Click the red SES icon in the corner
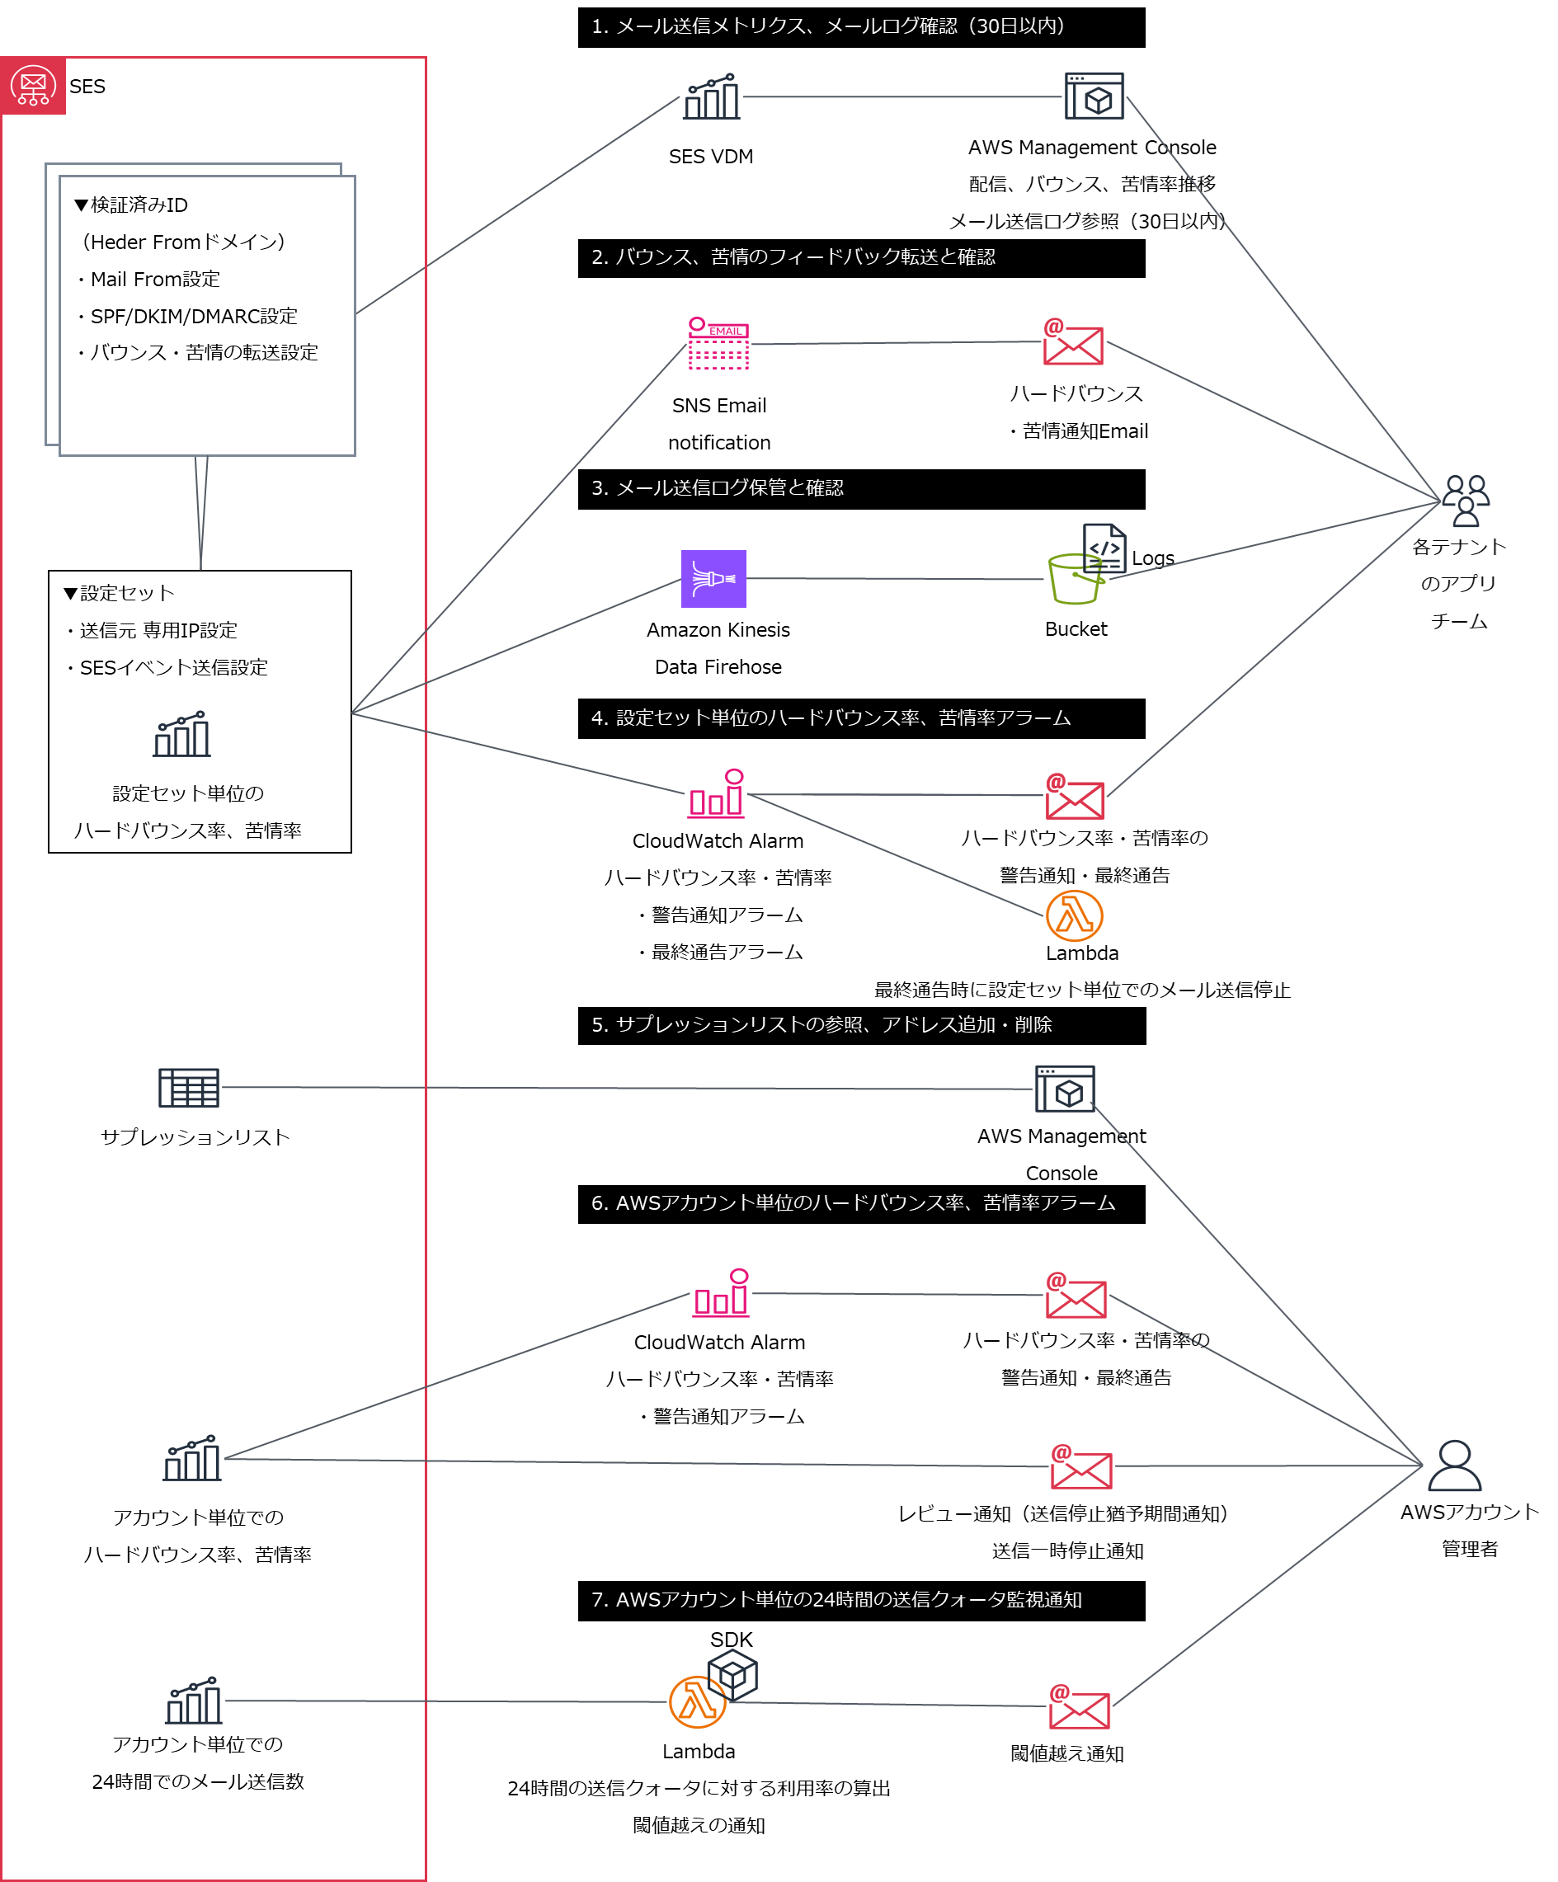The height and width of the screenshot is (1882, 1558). tap(33, 86)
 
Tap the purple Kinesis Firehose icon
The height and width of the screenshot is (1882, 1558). tap(713, 579)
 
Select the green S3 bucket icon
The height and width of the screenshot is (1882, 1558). tap(1076, 579)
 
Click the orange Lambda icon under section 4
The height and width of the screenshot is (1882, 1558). tap(1074, 915)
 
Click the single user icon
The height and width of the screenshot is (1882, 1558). tap(1454, 1466)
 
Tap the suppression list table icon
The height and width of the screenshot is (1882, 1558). tap(188, 1087)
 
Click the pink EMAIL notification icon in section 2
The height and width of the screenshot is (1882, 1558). tap(718, 343)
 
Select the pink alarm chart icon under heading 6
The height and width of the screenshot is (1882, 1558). tap(722, 1292)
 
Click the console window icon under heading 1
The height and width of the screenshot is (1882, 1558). tap(1094, 96)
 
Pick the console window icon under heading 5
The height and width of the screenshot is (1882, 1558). tap(1065, 1088)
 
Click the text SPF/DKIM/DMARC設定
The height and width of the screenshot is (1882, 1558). tap(194, 316)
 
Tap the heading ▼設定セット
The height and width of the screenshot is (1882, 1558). tap(120, 592)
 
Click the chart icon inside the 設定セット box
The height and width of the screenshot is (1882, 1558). tap(182, 735)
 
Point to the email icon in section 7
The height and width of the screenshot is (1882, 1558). tap(1080, 1706)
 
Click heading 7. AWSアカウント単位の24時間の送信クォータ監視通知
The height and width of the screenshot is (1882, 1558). tap(835, 1600)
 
